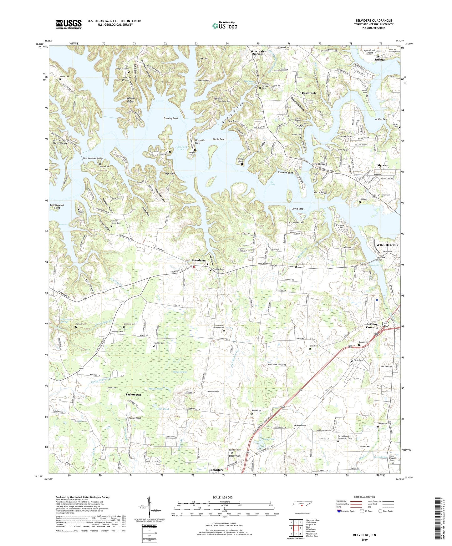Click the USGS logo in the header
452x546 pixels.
point(69,24)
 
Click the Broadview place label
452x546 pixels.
point(199,260)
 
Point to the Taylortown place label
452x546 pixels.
point(133,395)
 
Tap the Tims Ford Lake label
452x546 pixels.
point(180,148)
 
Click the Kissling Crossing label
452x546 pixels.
point(372,326)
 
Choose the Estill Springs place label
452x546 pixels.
point(379,58)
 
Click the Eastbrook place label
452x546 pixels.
point(309,93)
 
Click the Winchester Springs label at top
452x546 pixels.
point(258,52)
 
